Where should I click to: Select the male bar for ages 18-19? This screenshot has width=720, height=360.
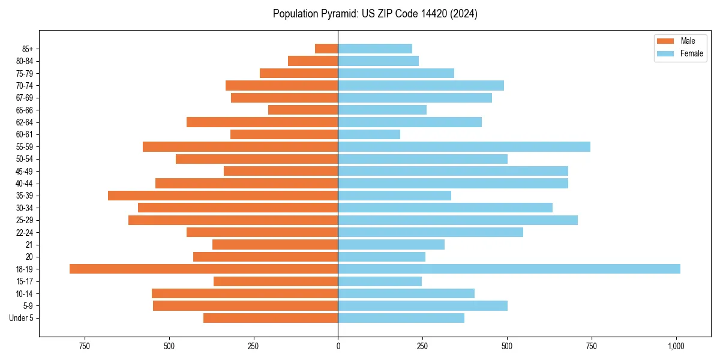(204, 269)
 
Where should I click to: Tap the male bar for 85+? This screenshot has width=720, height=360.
(326, 49)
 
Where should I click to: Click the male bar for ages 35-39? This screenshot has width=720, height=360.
(223, 196)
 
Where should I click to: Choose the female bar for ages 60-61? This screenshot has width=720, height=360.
(369, 134)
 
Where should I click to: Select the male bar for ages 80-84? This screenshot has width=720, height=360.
(313, 61)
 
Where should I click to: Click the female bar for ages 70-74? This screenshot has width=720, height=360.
(421, 85)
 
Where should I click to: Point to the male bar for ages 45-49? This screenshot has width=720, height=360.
(281, 171)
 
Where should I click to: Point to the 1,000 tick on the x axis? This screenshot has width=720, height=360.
(676, 346)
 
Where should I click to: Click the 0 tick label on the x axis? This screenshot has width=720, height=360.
(338, 346)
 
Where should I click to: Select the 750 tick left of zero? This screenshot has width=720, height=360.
(84, 346)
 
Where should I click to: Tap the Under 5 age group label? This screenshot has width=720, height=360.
(22, 318)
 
